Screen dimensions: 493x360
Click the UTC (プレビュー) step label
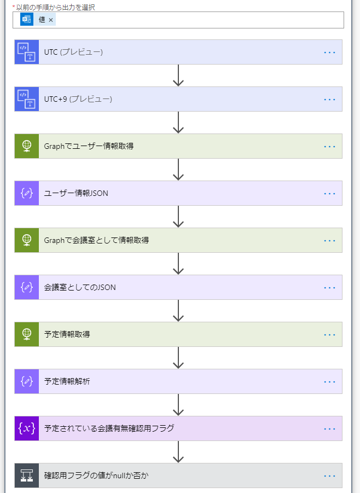click(73, 53)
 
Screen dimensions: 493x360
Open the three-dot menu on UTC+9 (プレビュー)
click(329, 100)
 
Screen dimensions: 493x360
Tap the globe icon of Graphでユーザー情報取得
click(27, 146)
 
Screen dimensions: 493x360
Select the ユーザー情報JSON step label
click(76, 193)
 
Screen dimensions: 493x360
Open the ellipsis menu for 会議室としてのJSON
click(329, 288)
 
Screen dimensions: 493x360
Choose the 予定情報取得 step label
click(67, 334)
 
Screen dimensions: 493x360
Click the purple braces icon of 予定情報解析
click(27, 381)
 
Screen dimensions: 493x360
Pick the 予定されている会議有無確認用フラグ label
click(109, 428)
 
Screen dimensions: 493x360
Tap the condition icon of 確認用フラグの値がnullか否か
click(27, 475)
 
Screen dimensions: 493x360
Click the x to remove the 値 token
click(51, 20)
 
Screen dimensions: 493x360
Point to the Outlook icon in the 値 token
click(27, 20)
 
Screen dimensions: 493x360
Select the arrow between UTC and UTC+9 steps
click(178, 76)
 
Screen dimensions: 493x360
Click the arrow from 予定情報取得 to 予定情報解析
click(178, 358)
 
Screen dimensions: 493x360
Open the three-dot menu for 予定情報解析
click(329, 382)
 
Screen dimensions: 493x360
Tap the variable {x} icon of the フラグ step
click(27, 428)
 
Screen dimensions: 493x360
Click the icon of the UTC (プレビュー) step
click(27, 52)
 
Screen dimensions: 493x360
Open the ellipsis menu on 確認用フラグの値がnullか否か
click(329, 476)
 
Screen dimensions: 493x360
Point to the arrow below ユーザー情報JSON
click(178, 217)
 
